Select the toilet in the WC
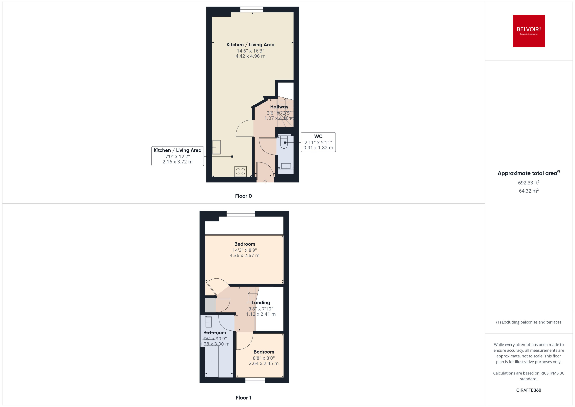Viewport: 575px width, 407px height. (284, 142)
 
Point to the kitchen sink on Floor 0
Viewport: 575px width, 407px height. (216, 147)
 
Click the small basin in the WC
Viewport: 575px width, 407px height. (286, 166)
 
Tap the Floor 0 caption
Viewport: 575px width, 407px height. (243, 196)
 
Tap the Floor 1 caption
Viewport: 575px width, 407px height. (243, 397)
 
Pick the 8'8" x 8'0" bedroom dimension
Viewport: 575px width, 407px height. (264, 358)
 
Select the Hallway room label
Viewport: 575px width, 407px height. (279, 107)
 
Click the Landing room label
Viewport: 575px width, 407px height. (261, 302)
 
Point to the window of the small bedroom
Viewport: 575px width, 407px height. (255, 380)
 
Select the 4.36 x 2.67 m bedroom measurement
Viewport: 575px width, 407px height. (244, 255)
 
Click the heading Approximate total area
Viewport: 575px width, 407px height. (527, 173)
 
